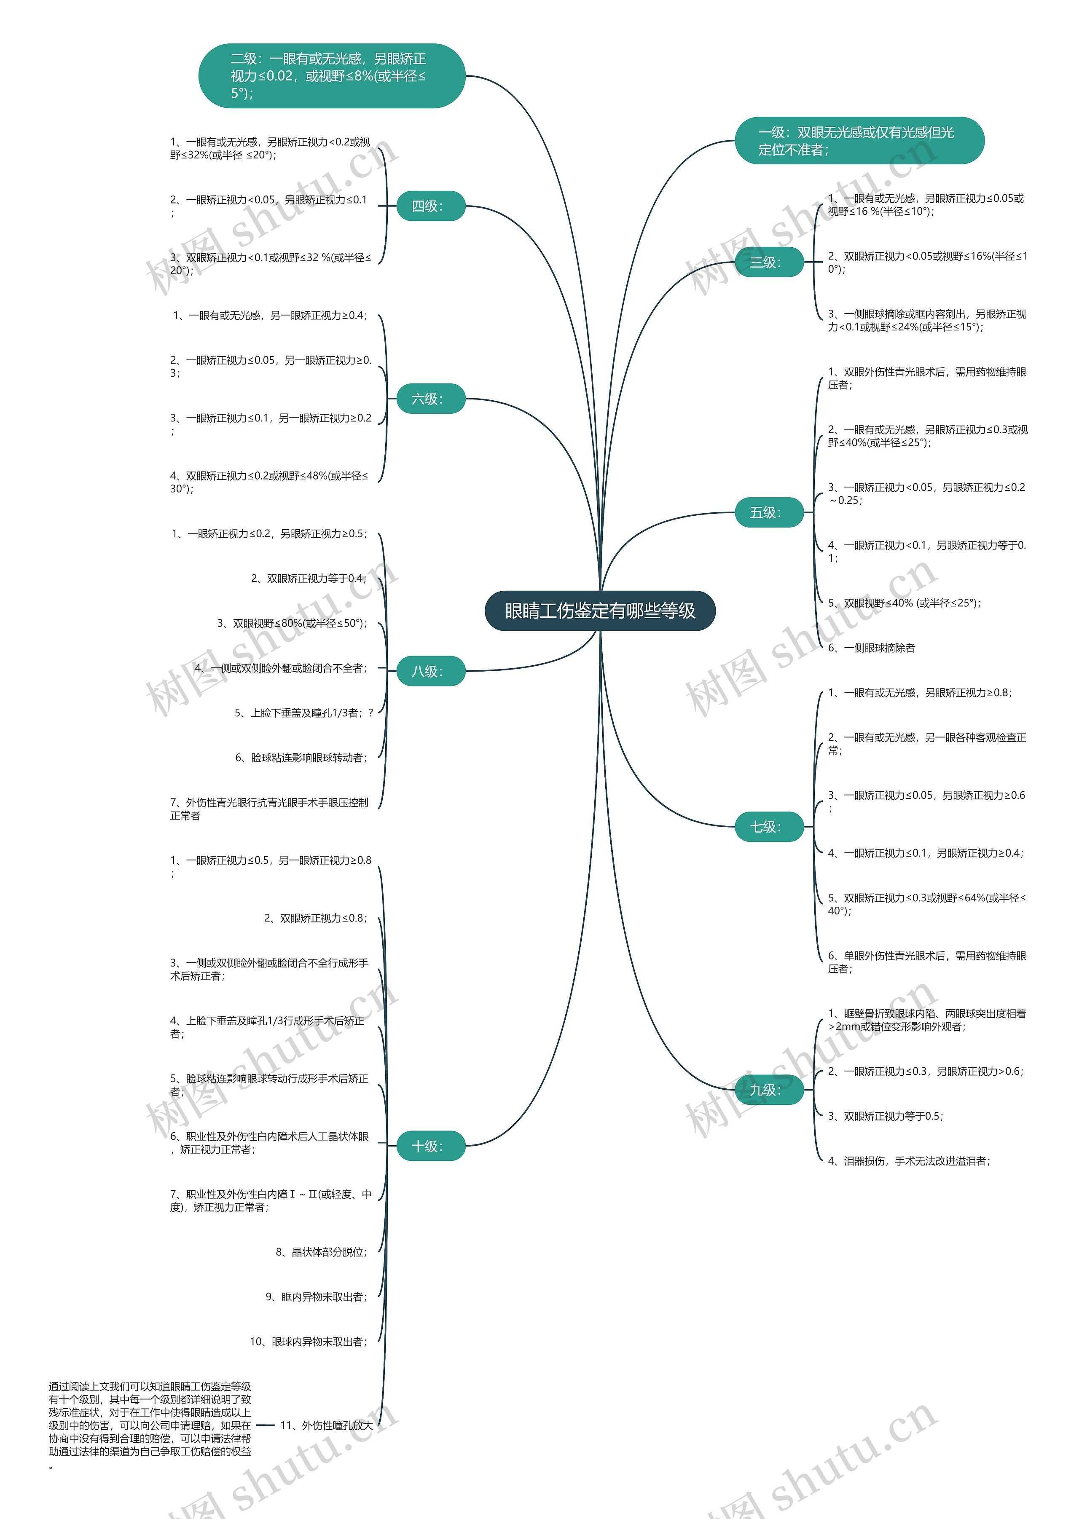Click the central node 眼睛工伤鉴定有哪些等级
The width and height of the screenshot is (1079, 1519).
[600, 611]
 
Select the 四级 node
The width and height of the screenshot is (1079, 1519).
[430, 206]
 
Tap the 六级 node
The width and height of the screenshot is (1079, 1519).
[430, 399]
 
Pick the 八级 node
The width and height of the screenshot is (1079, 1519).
[430, 671]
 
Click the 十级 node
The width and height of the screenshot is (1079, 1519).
[430, 1146]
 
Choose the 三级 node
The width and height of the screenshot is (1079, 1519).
[769, 263]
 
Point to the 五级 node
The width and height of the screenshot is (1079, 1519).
[769, 512]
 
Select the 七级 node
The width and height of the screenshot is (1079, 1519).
[769, 826]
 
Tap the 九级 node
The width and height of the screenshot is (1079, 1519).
[769, 1089]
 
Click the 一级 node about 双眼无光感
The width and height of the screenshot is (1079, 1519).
[859, 141]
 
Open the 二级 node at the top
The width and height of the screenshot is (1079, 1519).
[331, 76]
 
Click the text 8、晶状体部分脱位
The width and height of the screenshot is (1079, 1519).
[321, 1252]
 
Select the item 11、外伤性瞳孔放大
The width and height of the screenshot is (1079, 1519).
[326, 1425]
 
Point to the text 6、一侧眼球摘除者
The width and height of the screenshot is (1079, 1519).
[871, 648]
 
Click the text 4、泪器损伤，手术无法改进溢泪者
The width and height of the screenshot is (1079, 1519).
[908, 1160]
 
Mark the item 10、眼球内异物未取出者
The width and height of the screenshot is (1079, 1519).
[308, 1342]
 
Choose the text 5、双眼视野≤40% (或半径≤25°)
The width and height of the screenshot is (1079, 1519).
[904, 603]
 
